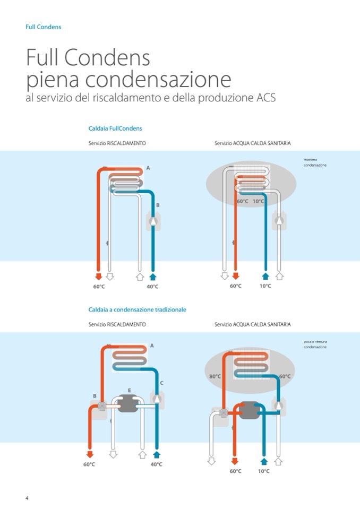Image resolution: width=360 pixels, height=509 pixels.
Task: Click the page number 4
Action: pos(27,497)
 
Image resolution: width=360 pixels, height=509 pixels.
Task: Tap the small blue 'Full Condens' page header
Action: pos(44,27)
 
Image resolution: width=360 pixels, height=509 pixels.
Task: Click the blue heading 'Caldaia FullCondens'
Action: pos(115,128)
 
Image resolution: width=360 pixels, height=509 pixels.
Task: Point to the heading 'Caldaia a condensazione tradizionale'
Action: pos(137,309)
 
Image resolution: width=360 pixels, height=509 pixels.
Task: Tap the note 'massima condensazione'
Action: pos(315,162)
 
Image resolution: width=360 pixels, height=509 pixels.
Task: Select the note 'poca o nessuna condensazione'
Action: pos(315,344)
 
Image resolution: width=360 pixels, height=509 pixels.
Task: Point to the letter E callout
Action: pos(129,390)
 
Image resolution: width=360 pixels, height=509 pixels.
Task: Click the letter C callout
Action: pos(161,383)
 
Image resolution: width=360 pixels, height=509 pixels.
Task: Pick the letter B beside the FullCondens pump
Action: pos(158,205)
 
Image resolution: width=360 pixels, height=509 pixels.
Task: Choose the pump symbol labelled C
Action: pos(158,399)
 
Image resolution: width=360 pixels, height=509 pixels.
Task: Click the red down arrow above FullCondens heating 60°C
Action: pos(98,277)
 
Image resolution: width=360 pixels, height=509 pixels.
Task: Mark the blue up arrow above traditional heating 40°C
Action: pos(156,454)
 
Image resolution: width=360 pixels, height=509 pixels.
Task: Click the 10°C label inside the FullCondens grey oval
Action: pos(258,202)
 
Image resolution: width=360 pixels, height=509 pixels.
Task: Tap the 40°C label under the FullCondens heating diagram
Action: pos(152,287)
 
